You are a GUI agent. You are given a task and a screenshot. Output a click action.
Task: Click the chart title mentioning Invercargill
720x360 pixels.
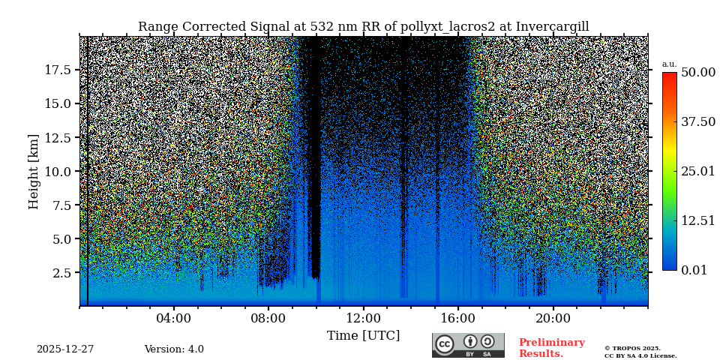[363, 27]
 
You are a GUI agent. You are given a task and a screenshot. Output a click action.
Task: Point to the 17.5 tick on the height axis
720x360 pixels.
[58, 70]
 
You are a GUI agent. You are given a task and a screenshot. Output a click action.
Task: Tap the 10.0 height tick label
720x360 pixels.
[58, 172]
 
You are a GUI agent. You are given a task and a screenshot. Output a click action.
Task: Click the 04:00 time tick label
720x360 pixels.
[174, 319]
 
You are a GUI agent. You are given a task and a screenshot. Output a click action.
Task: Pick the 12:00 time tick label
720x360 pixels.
[363, 319]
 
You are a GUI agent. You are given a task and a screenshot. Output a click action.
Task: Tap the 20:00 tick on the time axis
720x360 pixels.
[553, 319]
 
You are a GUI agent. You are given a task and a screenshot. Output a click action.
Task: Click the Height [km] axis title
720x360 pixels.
[34, 171]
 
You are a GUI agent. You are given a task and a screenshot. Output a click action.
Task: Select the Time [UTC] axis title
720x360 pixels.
[363, 335]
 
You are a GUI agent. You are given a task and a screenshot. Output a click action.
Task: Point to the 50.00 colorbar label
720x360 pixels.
[697, 73]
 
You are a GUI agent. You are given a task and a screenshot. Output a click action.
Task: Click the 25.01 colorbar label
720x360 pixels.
[697, 172]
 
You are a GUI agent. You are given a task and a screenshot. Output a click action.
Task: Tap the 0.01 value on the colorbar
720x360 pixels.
[694, 270]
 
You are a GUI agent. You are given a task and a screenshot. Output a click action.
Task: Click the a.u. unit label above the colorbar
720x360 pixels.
[669, 64]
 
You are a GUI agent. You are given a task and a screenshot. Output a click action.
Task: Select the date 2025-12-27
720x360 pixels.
[65, 349]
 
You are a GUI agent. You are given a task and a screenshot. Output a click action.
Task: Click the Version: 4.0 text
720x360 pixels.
[174, 349]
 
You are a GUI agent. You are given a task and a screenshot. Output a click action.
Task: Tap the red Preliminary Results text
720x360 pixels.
[551, 348]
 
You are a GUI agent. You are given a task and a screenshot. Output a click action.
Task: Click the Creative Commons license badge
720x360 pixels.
[468, 345]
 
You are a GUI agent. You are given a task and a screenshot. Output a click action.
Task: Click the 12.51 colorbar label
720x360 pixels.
[697, 220]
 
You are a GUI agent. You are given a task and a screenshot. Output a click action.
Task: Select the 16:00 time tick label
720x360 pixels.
[458, 319]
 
